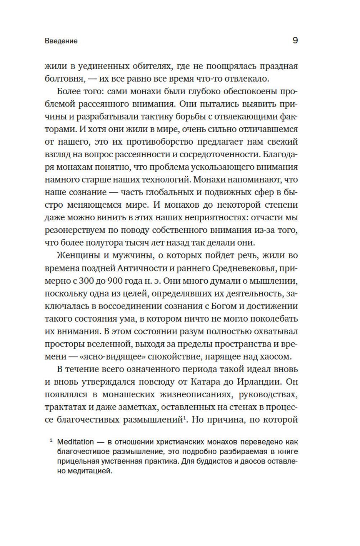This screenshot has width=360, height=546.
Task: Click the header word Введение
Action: point(61,41)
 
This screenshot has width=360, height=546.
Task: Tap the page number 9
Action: point(295,40)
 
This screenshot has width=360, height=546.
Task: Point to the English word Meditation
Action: point(75,442)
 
